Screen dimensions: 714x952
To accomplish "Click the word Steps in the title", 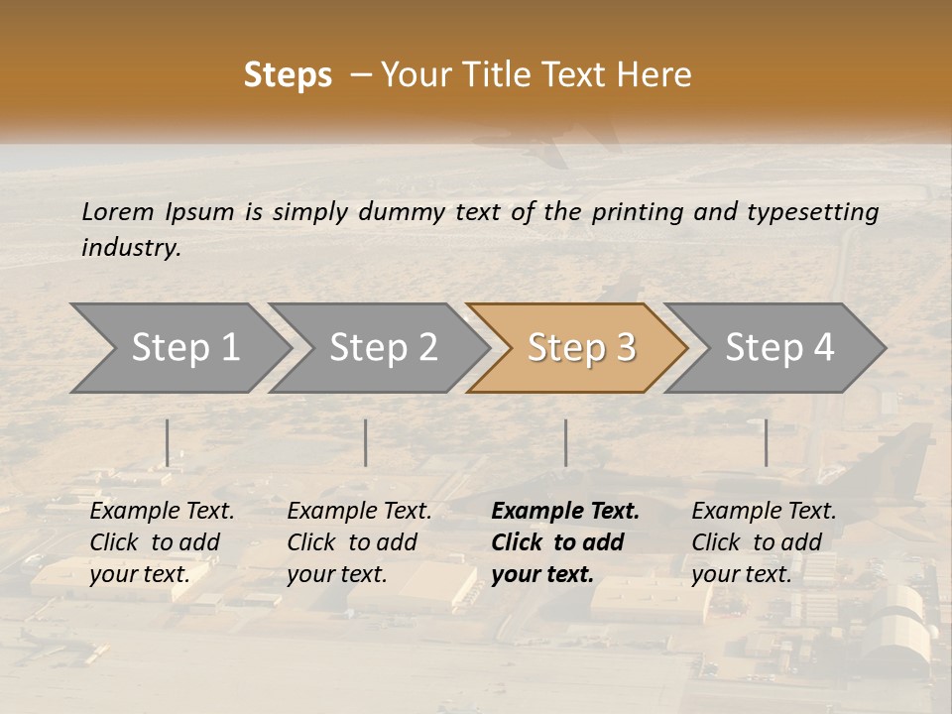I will coord(288,75).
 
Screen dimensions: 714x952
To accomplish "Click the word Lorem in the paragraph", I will coord(118,211).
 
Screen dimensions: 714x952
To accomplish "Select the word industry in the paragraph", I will coord(131,247).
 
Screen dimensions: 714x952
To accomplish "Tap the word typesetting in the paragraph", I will coord(812,211).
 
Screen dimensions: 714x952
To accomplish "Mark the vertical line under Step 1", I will coord(168,442).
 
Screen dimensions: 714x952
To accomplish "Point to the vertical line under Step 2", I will coord(366,442).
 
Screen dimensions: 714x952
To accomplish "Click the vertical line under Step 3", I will coord(565,442).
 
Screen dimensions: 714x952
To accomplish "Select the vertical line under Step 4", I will coord(766,442).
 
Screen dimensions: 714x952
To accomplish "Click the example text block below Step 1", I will coord(162,542).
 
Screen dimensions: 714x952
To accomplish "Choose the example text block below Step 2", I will coord(359,542).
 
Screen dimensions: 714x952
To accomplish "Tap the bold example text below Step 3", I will coord(564,542).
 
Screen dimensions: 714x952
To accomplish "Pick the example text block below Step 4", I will coord(764,542).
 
